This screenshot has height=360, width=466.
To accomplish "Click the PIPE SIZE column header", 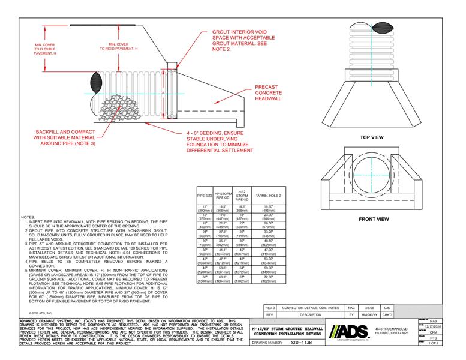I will coord(205,196).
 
